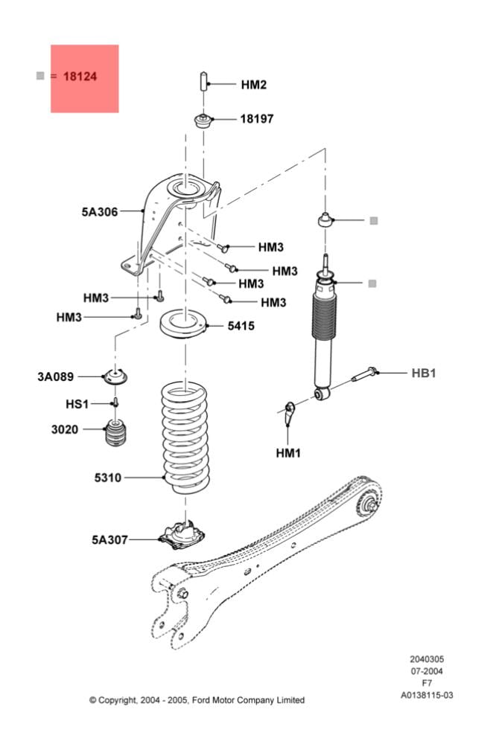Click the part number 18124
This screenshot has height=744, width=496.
click(x=80, y=76)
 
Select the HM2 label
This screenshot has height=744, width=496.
click(x=253, y=85)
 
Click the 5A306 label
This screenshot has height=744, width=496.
click(x=100, y=212)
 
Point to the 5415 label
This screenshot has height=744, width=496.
click(x=241, y=326)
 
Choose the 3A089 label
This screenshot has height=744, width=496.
click(x=56, y=377)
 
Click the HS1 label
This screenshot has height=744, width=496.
click(x=77, y=404)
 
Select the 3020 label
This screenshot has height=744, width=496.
click(x=64, y=429)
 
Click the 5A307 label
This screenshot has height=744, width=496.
click(x=109, y=539)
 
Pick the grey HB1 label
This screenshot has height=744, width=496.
click(x=424, y=373)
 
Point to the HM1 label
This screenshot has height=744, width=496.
click(x=288, y=452)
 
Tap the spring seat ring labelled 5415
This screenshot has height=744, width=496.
click(x=182, y=326)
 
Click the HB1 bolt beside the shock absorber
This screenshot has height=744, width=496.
click(x=365, y=373)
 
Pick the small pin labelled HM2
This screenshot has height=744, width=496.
click(x=202, y=81)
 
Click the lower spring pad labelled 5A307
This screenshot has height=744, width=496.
click(x=183, y=533)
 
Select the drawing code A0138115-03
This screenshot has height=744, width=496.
click(x=427, y=696)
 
